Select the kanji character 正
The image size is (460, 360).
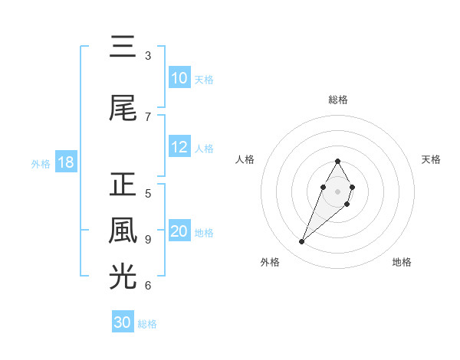[123, 185]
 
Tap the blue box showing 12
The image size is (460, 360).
[179, 148]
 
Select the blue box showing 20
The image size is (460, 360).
[179, 232]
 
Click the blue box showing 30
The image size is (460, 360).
[123, 322]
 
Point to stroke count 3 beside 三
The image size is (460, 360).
[148, 56]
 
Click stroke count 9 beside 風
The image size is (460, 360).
[148, 239]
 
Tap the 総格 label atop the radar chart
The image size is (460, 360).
[337, 100]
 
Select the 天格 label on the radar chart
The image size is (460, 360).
[432, 159]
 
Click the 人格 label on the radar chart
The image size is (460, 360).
[245, 159]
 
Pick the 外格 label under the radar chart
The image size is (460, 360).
[269, 262]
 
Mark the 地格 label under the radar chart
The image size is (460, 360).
[402, 262]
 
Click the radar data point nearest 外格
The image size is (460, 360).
[301, 242]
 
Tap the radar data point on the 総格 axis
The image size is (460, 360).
[337, 161]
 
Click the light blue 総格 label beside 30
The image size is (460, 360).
[147, 324]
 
